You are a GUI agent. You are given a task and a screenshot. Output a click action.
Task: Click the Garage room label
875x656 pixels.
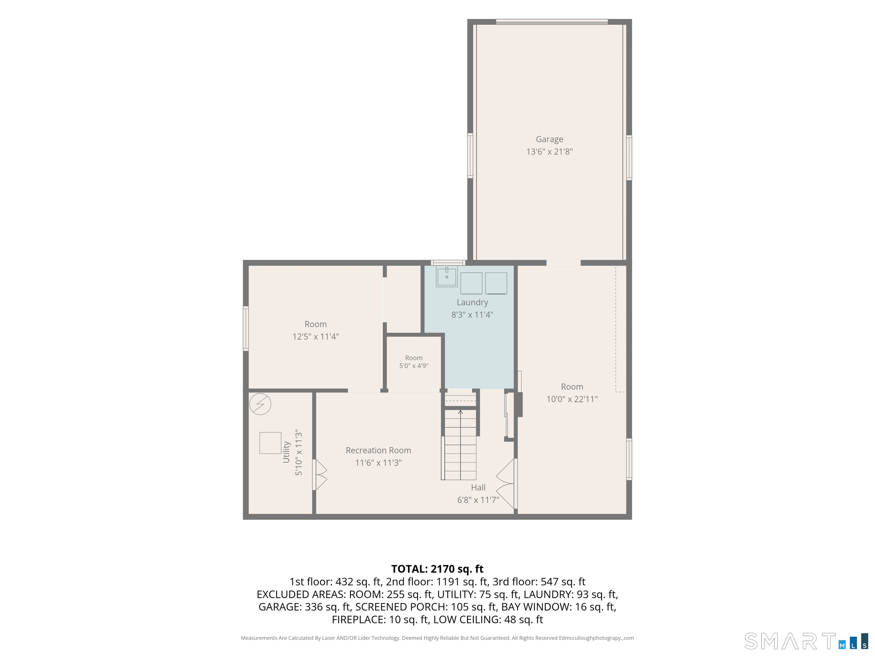pos(549,139)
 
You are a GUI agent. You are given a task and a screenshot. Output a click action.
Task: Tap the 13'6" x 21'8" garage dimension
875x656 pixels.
pos(549,151)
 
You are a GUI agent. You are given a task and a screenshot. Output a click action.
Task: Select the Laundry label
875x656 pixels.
pos(472,302)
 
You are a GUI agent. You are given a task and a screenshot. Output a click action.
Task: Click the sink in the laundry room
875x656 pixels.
pos(447,276)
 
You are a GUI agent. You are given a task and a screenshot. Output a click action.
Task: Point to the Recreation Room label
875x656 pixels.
pos(379,450)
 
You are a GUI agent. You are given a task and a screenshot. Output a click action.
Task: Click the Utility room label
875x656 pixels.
pos(286,452)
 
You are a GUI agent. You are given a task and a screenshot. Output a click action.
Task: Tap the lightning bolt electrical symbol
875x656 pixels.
pos(260,404)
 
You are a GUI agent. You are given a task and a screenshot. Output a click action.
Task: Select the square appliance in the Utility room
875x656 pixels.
pos(270,443)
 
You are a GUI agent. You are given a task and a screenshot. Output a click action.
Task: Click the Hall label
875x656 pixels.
pos(478,487)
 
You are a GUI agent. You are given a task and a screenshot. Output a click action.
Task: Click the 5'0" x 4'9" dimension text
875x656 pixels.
pos(414,366)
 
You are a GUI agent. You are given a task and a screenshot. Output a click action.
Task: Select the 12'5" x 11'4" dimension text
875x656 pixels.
pos(316,337)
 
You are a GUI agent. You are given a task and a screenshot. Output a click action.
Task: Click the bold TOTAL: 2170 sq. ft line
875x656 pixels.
pos(437,569)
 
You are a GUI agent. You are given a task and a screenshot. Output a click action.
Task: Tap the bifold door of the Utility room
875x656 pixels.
pos(320,475)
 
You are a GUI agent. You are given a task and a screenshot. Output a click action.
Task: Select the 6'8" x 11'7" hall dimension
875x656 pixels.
pos(478,500)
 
